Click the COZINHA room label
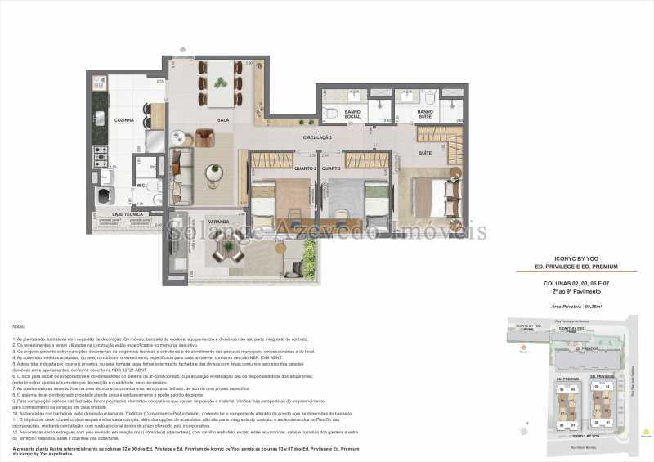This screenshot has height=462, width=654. click(124, 120)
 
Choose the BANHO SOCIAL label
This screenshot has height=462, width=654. click(353, 114)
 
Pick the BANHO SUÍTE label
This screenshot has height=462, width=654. click(425, 114)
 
